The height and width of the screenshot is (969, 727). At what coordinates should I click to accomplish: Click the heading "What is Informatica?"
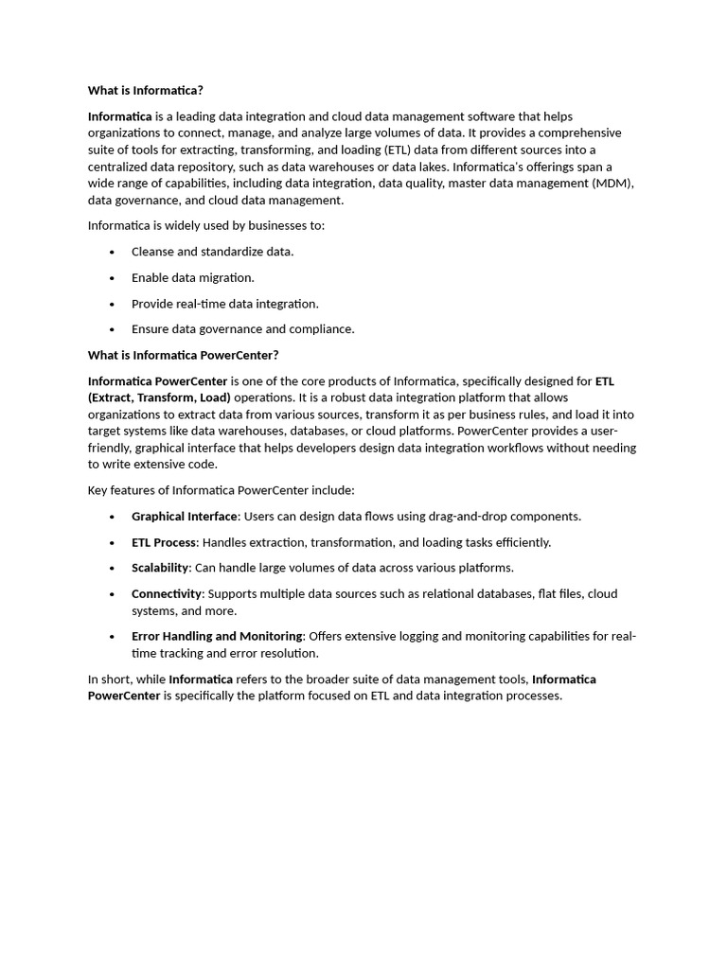145,91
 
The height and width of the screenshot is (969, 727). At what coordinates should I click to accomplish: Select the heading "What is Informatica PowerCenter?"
183,356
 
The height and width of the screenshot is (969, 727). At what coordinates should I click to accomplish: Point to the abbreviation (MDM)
612,184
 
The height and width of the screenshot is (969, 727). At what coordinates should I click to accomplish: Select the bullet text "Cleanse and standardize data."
212,252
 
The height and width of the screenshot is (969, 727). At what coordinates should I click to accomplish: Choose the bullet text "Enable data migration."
192,278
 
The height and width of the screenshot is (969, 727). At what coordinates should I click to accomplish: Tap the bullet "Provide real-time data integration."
224,304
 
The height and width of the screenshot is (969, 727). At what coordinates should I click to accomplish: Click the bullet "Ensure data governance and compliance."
242,329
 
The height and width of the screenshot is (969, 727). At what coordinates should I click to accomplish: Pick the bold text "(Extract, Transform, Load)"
159,397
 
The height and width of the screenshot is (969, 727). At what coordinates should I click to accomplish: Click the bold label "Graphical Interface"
184,517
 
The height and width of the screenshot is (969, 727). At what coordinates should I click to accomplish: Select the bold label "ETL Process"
163,542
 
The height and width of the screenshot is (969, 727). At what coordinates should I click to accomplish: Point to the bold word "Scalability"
160,568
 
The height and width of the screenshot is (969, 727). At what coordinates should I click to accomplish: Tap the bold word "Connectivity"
167,593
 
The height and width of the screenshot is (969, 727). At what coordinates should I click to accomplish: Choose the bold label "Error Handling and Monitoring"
217,636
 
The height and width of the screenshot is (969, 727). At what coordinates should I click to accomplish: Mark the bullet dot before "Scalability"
112,569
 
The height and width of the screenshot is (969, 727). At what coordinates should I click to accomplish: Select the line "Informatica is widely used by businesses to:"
205,226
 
